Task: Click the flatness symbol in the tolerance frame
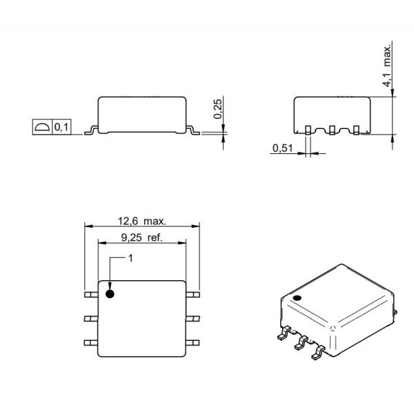pos(41,128)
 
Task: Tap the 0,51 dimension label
pos(281,148)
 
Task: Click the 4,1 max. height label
pos(388,66)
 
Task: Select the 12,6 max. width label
pos(141,221)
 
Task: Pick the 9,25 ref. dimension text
pos(141,238)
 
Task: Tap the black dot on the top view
pos(110,295)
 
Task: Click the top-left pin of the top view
pos(90,295)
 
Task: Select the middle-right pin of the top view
pos(193,318)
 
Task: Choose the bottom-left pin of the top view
pos(90,342)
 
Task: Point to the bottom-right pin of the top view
pos(193,342)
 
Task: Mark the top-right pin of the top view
pos(193,295)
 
